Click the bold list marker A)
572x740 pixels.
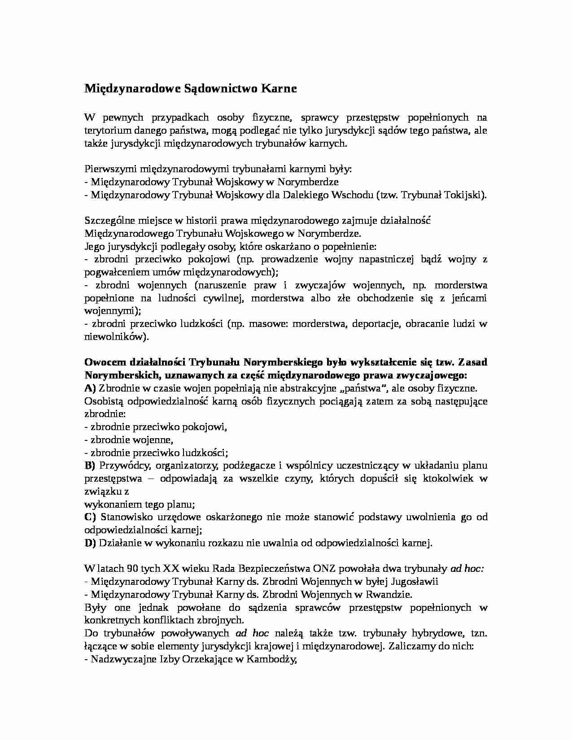click(90, 388)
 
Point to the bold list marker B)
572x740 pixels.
click(90, 466)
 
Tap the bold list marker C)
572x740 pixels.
click(90, 517)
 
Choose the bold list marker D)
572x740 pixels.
click(90, 543)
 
